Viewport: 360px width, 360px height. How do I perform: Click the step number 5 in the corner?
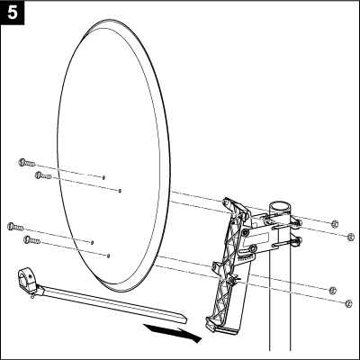(13, 13)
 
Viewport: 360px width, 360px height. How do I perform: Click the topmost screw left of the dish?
(27, 163)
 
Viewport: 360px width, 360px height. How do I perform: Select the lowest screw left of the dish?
(31, 240)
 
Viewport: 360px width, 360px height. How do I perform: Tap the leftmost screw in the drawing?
(15, 227)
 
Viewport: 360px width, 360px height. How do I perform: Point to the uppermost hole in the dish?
(103, 177)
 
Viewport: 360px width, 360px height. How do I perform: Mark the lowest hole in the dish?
(108, 256)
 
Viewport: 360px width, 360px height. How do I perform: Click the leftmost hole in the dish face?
(92, 242)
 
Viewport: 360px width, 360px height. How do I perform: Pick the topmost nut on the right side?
(335, 223)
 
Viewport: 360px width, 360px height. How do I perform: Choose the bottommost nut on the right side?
(348, 303)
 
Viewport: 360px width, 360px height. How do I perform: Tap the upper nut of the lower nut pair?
(332, 291)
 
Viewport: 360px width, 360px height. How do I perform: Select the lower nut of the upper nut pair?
(350, 237)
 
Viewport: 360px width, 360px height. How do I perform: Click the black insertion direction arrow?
(172, 332)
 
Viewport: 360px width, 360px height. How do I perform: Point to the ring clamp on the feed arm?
(26, 281)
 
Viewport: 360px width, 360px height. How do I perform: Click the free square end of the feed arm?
(184, 319)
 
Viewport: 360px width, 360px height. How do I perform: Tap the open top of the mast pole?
(280, 206)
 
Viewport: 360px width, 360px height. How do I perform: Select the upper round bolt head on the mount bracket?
(246, 232)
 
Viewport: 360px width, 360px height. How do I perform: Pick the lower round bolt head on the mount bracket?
(253, 247)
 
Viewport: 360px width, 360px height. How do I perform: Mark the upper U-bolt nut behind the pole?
(298, 222)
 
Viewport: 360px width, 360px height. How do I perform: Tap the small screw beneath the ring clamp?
(32, 296)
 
